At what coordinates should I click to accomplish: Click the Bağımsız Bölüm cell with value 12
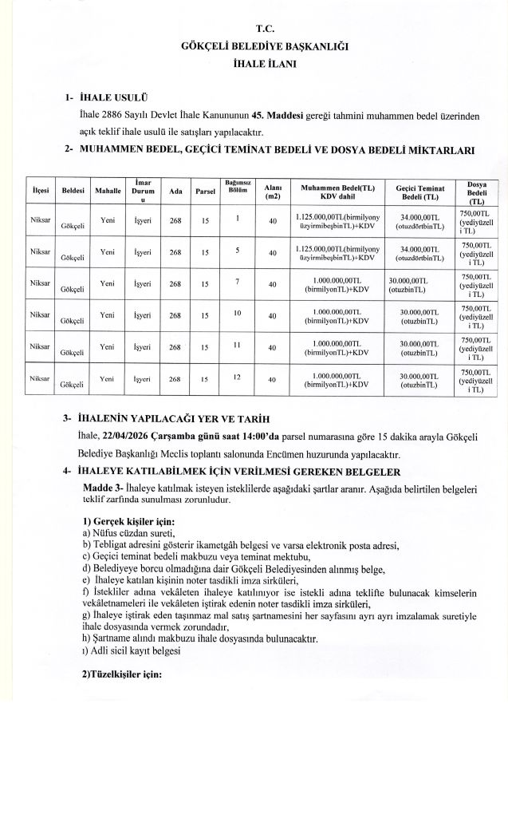[238, 376]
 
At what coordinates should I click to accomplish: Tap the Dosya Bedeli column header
[477, 192]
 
